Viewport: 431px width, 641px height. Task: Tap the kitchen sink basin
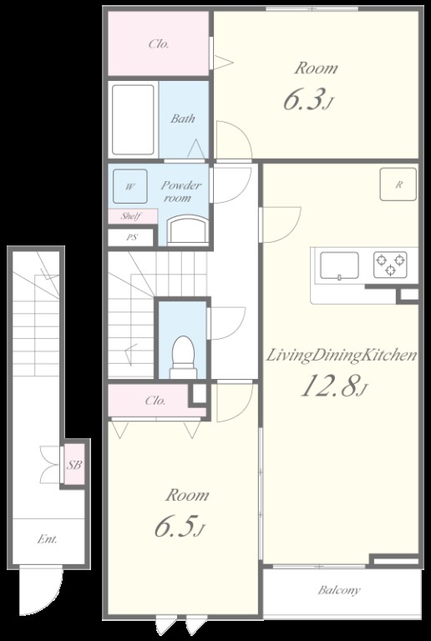(339, 265)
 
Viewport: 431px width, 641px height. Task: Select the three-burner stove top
(390, 265)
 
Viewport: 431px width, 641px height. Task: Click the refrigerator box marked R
(398, 184)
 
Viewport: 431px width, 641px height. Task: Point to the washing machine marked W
(130, 186)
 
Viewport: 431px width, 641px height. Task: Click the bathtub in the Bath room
(134, 120)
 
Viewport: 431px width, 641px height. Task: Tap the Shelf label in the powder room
(131, 216)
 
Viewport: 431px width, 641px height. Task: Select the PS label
(132, 237)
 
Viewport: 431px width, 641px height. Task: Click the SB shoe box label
(75, 464)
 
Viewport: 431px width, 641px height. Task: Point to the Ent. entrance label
(48, 539)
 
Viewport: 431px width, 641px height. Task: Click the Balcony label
(339, 590)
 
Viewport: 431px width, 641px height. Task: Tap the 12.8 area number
(332, 386)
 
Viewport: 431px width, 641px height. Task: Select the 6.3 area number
(307, 99)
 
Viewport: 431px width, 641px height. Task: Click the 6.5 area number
(179, 526)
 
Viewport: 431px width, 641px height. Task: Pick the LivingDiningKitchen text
(342, 356)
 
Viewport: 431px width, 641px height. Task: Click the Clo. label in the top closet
(159, 43)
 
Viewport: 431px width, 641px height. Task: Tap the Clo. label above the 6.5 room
(155, 401)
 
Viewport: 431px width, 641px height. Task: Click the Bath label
(183, 119)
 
